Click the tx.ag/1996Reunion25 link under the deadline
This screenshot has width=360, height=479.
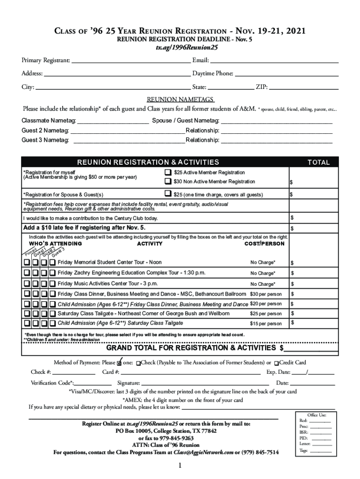(x=180, y=48)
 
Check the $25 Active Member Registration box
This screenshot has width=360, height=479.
(x=167, y=172)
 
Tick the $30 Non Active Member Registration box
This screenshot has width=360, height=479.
(x=167, y=181)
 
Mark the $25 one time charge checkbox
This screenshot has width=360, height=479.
(x=167, y=194)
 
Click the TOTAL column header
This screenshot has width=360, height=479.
(x=318, y=162)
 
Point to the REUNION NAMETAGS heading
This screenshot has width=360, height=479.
(x=180, y=100)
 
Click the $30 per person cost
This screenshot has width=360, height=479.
(x=266, y=294)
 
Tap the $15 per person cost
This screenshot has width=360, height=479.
(x=266, y=324)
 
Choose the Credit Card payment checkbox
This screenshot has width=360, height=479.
(x=277, y=363)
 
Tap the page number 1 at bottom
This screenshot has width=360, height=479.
(x=180, y=466)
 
